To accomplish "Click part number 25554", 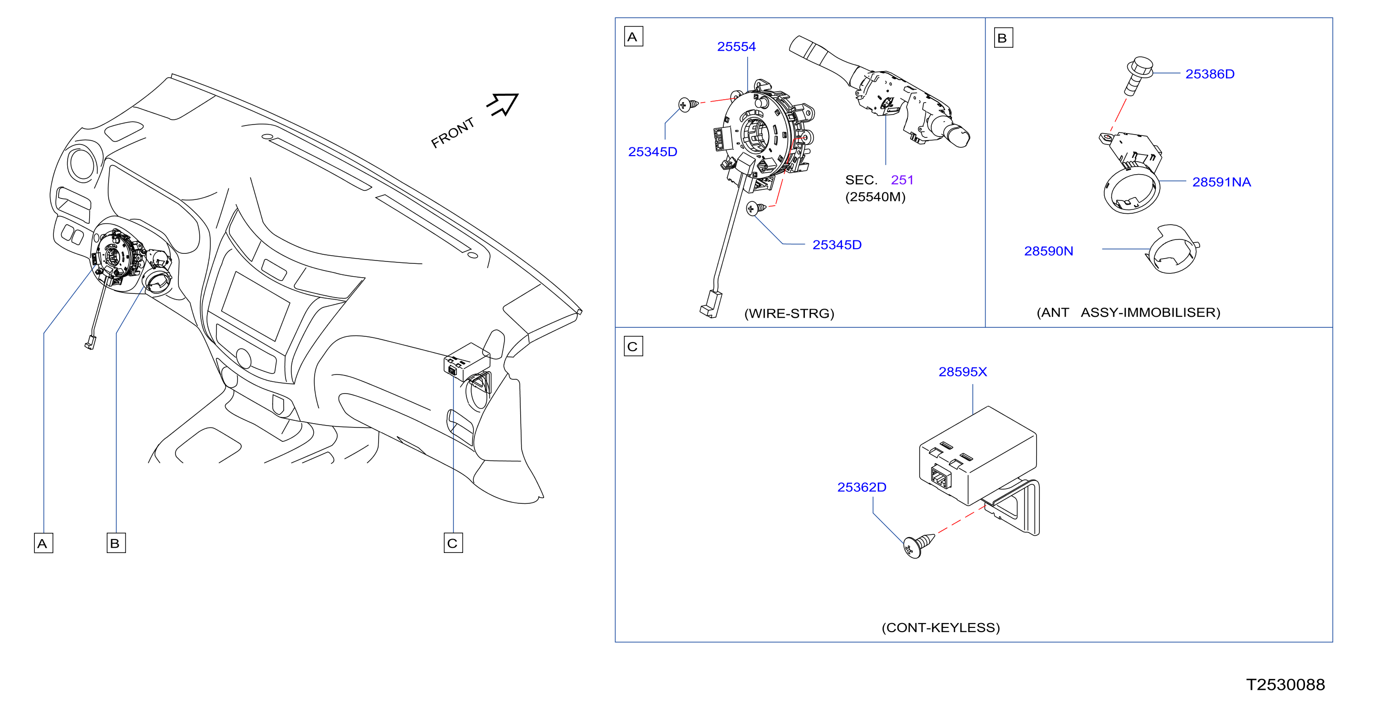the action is click(736, 47).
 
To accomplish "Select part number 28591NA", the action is click(1221, 182).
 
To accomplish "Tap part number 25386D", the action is click(1210, 74).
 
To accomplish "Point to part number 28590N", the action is click(1049, 251).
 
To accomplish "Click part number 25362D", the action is click(861, 487).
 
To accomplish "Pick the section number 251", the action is click(902, 180).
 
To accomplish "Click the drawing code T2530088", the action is click(1285, 685).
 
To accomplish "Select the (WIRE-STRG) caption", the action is click(789, 313).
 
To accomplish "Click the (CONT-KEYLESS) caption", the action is click(940, 627).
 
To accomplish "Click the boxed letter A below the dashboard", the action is click(43, 543).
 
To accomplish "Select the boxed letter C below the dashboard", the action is click(453, 543).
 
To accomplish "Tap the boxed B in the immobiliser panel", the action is click(1003, 38).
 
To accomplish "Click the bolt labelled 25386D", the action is click(1137, 75).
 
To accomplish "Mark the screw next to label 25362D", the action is click(918, 545).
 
